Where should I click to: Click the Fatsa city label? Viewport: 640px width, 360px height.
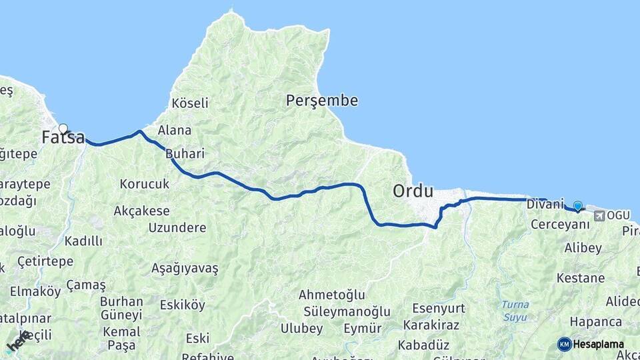click(x=63, y=138)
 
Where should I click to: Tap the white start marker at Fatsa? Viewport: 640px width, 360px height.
click(x=63, y=129)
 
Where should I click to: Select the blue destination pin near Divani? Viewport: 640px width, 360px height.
click(x=577, y=207)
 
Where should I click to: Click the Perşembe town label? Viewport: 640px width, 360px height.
click(x=322, y=101)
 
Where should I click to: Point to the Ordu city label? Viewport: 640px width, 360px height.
click(x=413, y=191)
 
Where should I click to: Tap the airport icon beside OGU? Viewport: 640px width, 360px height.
click(x=599, y=215)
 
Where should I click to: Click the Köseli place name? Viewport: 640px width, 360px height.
click(x=190, y=103)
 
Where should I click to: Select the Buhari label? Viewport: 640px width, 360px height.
click(x=185, y=153)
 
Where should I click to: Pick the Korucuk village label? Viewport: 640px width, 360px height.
click(x=145, y=183)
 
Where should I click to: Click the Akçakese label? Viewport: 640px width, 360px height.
click(x=141, y=211)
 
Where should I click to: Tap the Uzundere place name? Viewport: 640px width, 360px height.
click(x=177, y=228)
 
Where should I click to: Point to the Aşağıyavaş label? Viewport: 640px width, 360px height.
click(x=185, y=268)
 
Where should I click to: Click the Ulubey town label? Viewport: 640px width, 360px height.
click(x=301, y=329)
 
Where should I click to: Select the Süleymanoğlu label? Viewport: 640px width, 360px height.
click(x=347, y=311)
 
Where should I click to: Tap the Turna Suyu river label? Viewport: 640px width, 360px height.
click(x=515, y=310)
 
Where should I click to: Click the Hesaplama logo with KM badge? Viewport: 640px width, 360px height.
click(x=591, y=344)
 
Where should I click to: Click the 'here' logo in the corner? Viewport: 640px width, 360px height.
click(x=18, y=341)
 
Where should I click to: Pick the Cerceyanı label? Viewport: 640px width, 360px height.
click(x=560, y=225)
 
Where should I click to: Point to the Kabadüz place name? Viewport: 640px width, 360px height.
click(x=423, y=345)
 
